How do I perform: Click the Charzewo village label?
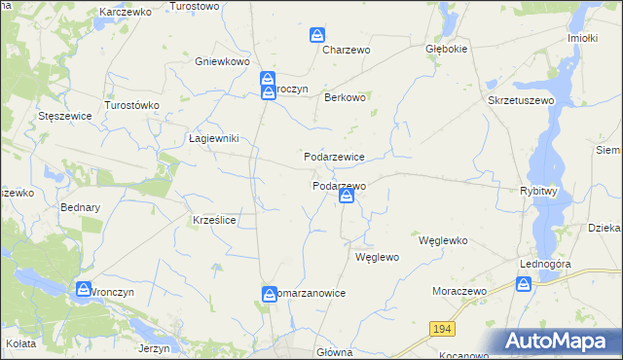348,50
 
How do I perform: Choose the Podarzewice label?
334,157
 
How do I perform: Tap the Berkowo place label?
345,97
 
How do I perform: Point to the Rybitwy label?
538,192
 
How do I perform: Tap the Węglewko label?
444,239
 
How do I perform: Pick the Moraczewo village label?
458,291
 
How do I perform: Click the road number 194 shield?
443,330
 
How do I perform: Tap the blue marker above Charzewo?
317,36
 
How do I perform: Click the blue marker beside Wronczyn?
84,290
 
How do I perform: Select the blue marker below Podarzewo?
347,198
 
